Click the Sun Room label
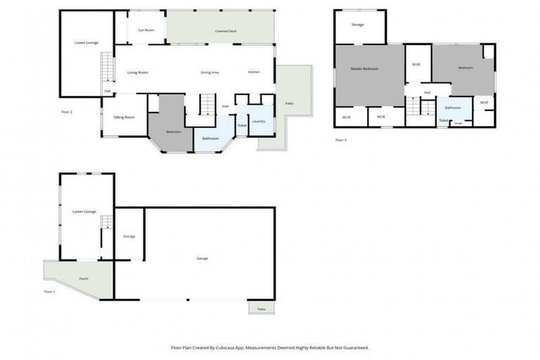click(146, 30)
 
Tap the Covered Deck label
click(225, 32)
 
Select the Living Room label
click(138, 72)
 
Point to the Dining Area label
click(210, 72)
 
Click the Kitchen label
click(254, 72)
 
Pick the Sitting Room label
click(124, 117)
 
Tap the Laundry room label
click(259, 122)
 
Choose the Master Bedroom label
click(365, 68)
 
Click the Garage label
click(202, 259)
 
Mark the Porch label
click(84, 279)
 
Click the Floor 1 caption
click(49, 291)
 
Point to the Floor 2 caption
click(67, 111)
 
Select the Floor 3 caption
click(340, 140)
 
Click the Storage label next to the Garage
click(129, 236)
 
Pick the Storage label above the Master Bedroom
click(358, 25)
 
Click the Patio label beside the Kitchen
click(289, 103)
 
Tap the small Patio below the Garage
click(261, 308)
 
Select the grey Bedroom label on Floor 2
click(173, 131)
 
